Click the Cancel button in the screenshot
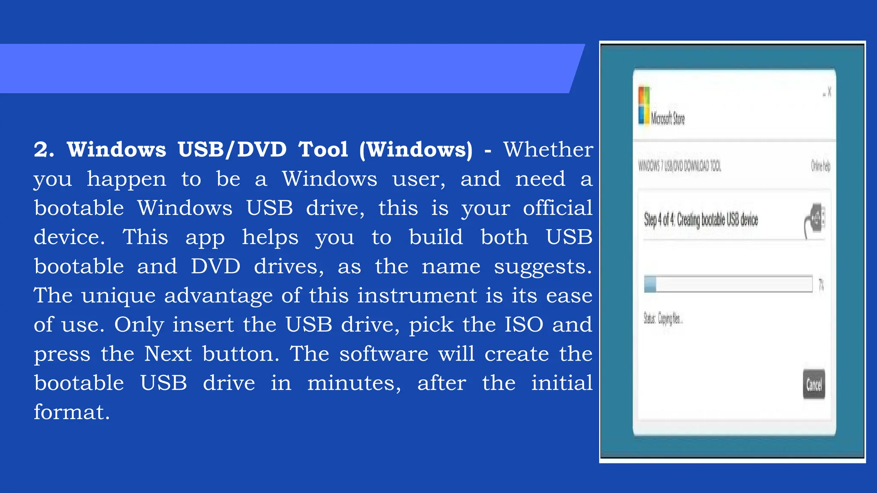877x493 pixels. (x=814, y=384)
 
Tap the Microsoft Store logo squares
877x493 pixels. (x=644, y=105)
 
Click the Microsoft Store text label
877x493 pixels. (x=668, y=118)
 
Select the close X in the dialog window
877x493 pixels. (x=829, y=92)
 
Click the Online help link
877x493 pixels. (x=820, y=166)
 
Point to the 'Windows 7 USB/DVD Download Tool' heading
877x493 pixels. (x=680, y=166)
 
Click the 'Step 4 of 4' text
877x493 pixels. (x=659, y=220)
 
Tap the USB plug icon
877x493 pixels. (x=815, y=220)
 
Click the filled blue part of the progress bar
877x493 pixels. (x=650, y=284)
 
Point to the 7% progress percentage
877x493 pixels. (x=821, y=285)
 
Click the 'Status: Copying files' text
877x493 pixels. (x=663, y=319)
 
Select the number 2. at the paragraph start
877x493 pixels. (x=44, y=150)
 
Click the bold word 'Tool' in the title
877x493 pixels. (x=323, y=150)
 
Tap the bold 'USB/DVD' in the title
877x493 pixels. (x=232, y=150)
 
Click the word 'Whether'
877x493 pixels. (x=548, y=150)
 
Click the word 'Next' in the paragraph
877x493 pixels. (x=168, y=354)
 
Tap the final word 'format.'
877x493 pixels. (x=72, y=412)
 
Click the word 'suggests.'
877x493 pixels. (x=543, y=267)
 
